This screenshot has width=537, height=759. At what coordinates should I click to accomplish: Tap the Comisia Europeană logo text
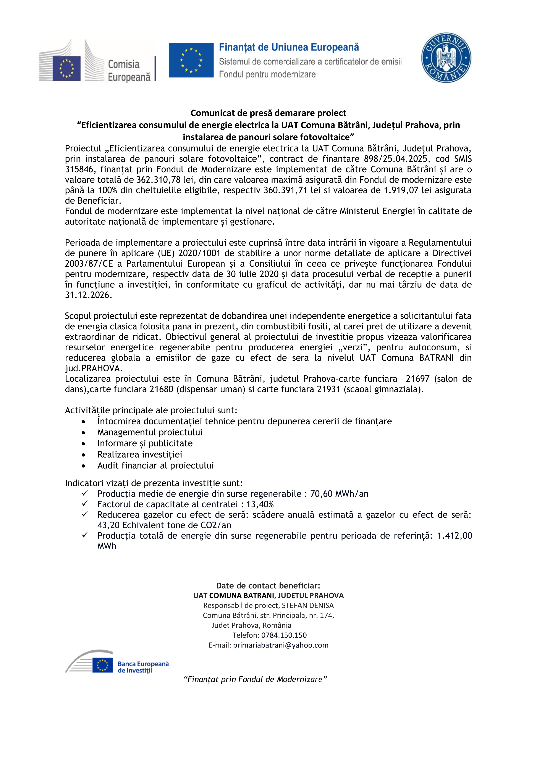pyautogui.click(x=129, y=70)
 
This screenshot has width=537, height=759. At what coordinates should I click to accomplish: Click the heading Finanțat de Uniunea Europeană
pyautogui.click(x=289, y=48)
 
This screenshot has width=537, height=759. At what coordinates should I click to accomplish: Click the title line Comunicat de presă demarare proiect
pyautogui.click(x=268, y=113)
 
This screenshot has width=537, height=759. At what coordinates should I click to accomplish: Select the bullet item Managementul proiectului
pyautogui.click(x=150, y=432)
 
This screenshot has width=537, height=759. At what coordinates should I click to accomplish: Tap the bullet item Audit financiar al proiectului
pyautogui.click(x=155, y=466)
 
